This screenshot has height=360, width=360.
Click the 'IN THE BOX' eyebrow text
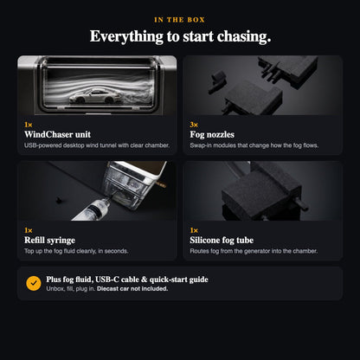point(179,20)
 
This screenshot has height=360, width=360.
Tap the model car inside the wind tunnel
point(95,96)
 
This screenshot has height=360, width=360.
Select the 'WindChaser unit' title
point(57,134)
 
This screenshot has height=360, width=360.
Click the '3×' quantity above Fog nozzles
point(194,125)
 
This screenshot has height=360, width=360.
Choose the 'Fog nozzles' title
point(212,135)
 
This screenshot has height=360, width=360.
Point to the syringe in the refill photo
point(92,209)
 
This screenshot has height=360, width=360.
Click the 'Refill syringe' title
point(49,241)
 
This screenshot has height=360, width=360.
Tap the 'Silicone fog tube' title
point(222,241)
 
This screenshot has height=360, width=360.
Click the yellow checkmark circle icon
point(34,283)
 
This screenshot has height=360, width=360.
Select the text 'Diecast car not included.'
point(132,289)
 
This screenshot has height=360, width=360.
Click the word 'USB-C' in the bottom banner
point(107,280)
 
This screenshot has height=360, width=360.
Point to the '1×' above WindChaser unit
point(29,125)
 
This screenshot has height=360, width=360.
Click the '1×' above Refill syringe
point(29,230)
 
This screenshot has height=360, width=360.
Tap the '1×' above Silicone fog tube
point(194,230)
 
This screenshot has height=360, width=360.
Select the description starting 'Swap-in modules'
point(254,145)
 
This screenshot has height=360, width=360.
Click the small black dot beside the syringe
point(59,200)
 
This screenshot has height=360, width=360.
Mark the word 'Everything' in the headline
point(126,37)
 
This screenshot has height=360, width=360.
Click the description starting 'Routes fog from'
point(254,251)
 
